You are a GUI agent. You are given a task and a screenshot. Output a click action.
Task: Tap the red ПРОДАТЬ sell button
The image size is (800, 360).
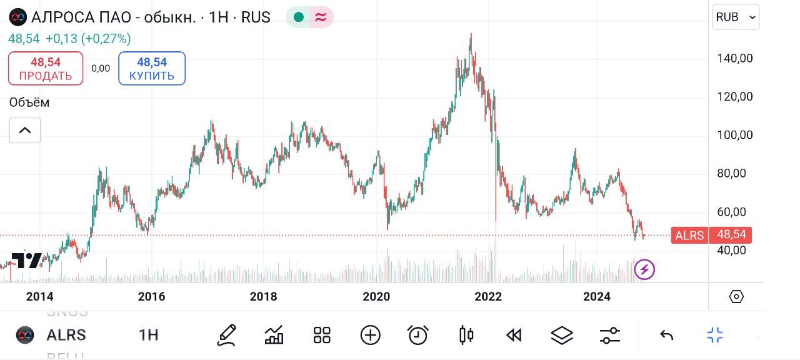[46, 69]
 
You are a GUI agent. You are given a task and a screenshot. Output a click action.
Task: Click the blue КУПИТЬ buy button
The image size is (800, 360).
[152, 69]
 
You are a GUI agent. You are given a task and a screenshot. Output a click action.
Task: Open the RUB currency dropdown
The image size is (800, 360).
[736, 17]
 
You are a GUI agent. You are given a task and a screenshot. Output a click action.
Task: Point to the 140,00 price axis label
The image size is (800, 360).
[734, 58]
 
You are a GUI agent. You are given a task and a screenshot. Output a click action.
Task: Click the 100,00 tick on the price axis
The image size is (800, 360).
[734, 135]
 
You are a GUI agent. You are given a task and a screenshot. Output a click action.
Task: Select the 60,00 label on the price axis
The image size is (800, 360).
[734, 212]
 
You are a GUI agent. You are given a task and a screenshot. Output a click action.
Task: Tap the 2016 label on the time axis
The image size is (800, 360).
[151, 297]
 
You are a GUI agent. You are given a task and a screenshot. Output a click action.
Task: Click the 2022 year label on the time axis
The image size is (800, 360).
[488, 297]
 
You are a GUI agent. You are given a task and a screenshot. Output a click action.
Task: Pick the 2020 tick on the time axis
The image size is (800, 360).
[376, 297]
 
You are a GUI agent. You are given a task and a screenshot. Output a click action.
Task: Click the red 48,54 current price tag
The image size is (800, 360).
[730, 236]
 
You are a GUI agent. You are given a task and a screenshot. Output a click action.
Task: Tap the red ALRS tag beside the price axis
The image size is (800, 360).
[689, 236]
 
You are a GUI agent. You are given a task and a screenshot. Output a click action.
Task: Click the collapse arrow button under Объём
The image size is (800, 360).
[25, 131]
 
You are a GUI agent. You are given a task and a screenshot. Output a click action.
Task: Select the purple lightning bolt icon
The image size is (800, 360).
[644, 270]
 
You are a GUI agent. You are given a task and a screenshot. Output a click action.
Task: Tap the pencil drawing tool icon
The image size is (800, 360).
[226, 336]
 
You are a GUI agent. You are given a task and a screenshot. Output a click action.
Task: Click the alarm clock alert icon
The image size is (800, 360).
[417, 336]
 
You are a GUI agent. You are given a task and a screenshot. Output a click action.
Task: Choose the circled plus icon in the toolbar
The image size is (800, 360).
[370, 336]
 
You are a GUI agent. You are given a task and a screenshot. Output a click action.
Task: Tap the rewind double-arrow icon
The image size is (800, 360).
[514, 336]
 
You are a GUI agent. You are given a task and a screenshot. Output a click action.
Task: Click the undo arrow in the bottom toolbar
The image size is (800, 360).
[666, 336]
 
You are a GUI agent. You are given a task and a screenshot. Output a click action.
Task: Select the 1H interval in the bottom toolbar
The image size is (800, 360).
[148, 336]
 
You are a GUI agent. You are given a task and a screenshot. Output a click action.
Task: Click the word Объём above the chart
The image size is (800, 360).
[29, 102]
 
